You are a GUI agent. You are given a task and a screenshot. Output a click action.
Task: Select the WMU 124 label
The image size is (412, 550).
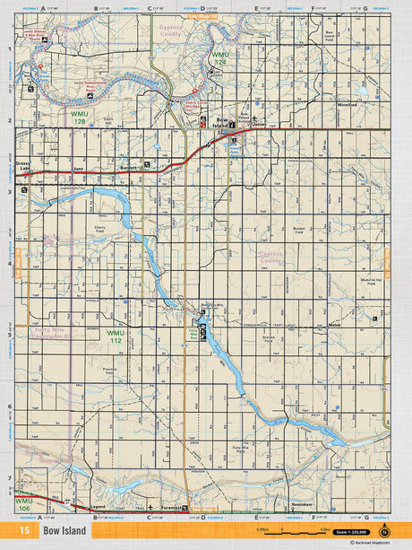tap(220, 59)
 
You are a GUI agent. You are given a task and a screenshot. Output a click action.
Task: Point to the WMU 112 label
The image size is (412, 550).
tap(116, 336)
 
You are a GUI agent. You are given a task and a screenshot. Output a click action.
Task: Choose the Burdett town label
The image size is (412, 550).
tap(129, 166)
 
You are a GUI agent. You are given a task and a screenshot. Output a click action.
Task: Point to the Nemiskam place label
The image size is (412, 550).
tap(302, 505)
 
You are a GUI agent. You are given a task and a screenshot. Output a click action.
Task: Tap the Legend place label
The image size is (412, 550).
tap(99, 507)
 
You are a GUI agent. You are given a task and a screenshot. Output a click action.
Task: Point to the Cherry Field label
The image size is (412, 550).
tap(99, 229)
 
